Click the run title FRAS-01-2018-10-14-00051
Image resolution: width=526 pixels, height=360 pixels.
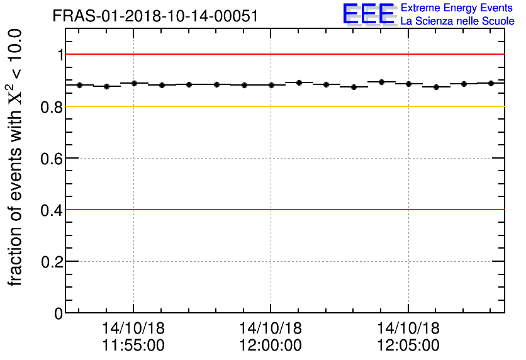point(155,16)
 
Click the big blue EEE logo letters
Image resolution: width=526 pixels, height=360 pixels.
point(369,14)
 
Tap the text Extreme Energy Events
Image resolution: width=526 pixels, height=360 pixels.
point(457,8)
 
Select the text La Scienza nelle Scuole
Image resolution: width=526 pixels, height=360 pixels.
point(457,21)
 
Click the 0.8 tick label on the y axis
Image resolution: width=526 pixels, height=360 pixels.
point(52,106)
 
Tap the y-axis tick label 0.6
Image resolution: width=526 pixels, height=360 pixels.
point(52,158)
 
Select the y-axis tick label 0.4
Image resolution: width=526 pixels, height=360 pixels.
point(52,210)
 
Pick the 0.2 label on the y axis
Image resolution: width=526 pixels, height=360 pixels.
point(52,261)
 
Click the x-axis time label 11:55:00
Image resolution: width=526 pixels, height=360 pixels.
point(133,345)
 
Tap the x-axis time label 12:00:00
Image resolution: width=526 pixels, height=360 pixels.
point(271,345)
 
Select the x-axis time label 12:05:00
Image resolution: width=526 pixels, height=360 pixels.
point(408,345)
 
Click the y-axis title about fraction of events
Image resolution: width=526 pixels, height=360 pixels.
point(17,157)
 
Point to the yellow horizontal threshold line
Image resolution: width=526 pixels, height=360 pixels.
point(283,106)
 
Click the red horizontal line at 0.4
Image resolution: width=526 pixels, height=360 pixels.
point(283,210)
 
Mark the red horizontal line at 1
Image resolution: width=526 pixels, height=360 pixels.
point(283,55)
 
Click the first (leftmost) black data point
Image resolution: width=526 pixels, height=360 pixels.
point(79,85)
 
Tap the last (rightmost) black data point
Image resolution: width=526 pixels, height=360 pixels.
point(491,83)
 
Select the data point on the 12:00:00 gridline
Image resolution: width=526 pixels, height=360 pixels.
point(271,85)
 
